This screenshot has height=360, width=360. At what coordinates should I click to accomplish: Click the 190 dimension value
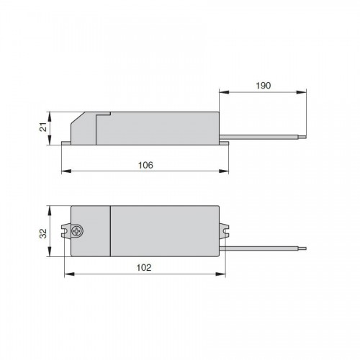264,86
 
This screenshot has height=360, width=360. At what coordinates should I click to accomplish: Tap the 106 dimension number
145,165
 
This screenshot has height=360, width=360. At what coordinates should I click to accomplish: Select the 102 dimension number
144,268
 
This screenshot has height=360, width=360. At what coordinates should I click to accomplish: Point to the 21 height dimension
43,127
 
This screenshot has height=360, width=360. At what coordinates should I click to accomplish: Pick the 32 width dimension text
43,233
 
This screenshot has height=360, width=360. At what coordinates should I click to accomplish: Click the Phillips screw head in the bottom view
77,231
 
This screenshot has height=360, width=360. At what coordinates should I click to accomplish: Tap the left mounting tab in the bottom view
66,231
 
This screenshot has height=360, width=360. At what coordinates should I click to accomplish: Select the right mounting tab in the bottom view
224,230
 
